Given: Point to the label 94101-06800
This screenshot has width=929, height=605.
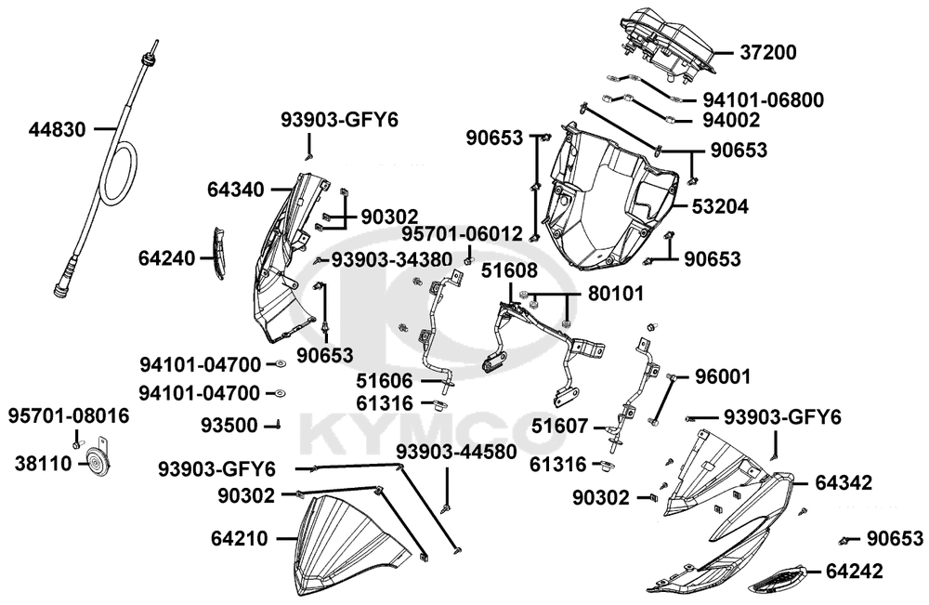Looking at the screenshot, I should [762, 99].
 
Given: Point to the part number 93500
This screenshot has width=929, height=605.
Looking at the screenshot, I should [229, 425].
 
